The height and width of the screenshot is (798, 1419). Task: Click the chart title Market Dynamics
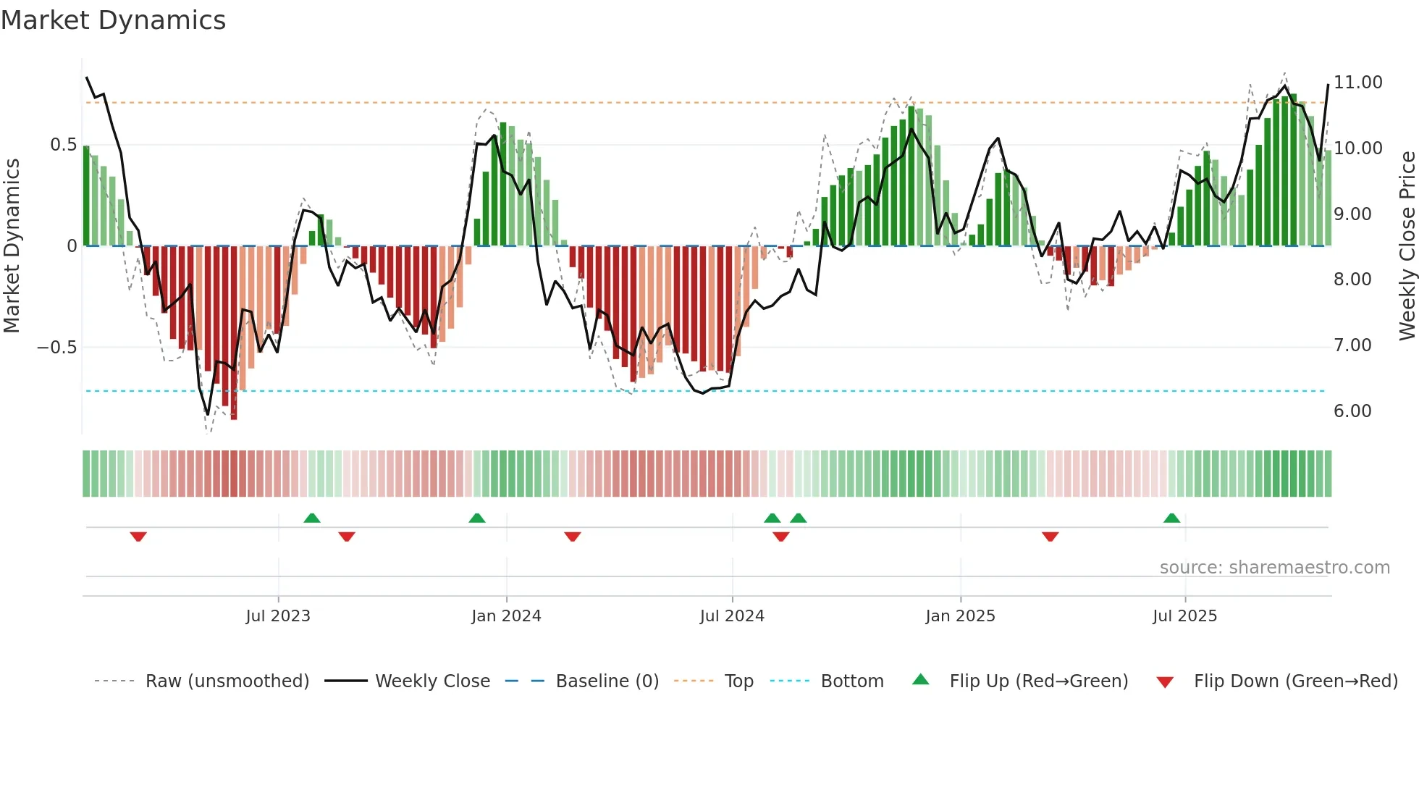[113, 20]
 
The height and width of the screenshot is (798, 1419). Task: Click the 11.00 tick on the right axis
[1357, 83]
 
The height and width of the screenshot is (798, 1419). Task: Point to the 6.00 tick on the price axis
[1352, 411]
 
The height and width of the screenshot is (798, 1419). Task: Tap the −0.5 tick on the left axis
[57, 348]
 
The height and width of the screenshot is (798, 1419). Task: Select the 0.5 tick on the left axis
[63, 145]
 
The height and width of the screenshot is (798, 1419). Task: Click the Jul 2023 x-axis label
[278, 616]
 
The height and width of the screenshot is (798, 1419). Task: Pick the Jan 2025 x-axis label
[960, 616]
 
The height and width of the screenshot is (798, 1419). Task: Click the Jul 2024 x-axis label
[732, 616]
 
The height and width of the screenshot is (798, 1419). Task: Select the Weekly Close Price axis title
[1407, 245]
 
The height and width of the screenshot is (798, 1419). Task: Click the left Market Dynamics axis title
[12, 245]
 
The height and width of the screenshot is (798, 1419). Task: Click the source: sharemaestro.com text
[1274, 568]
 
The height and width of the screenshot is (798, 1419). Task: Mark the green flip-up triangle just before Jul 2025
[1171, 518]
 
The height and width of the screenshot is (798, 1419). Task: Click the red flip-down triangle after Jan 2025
[1050, 537]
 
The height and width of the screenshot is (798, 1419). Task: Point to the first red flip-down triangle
[138, 537]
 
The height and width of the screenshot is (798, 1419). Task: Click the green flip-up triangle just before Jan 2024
[476, 518]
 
